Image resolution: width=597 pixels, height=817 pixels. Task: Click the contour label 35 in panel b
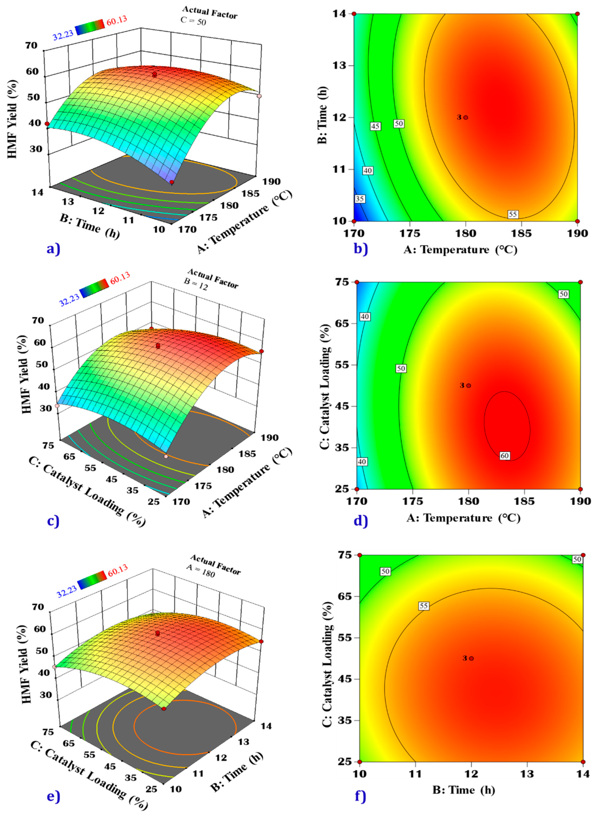pos(360,199)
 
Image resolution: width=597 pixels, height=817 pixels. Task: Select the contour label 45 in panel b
pos(375,126)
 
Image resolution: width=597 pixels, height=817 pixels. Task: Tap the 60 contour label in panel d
pos(505,456)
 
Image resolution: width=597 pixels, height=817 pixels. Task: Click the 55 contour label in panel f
pos(423,606)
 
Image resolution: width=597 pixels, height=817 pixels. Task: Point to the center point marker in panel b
pos(466,118)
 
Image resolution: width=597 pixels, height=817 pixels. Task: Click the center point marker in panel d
pos(469,386)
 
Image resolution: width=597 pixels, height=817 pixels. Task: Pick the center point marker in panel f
pos(472,658)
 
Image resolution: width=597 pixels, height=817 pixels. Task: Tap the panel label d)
pos(361,520)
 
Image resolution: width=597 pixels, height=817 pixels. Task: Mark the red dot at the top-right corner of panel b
pos(577,14)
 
